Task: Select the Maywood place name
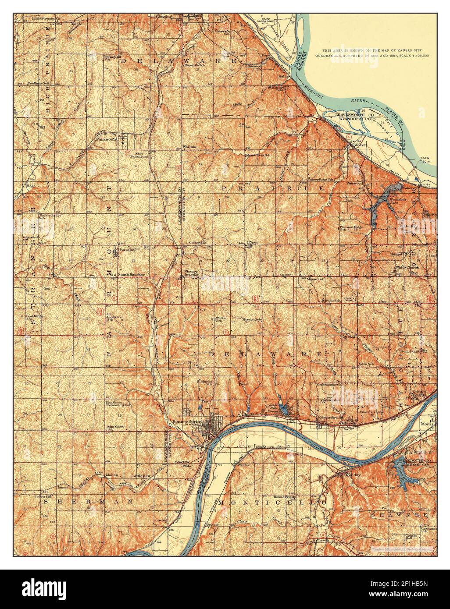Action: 314,279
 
